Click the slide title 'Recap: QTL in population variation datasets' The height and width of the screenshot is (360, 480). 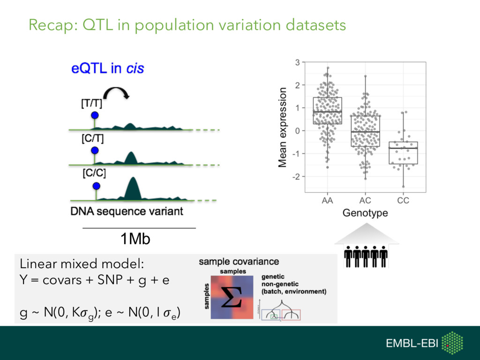pos(187,25)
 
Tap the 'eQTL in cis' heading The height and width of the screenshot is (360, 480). pos(107,69)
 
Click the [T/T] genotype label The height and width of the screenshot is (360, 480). pos(92,104)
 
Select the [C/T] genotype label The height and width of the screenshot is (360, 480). pos(93,139)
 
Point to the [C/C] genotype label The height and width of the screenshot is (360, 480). pos(94,173)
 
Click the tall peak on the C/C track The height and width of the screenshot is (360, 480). pos(133,187)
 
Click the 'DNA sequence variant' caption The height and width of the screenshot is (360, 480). pos(127,211)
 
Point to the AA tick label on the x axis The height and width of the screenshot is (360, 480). pos(327,201)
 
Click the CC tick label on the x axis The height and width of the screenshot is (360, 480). pos(403,201)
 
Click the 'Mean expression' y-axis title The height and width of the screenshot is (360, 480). pos(282,127)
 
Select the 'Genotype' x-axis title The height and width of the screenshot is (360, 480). pos(365,213)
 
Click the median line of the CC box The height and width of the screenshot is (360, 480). pos(403,148)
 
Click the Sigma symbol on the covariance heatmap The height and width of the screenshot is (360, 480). pos(232,298)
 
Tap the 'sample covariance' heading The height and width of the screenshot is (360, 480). pos(239,262)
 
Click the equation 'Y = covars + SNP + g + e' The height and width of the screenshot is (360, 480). pos(94,281)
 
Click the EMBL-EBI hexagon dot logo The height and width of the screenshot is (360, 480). pos(452,343)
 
